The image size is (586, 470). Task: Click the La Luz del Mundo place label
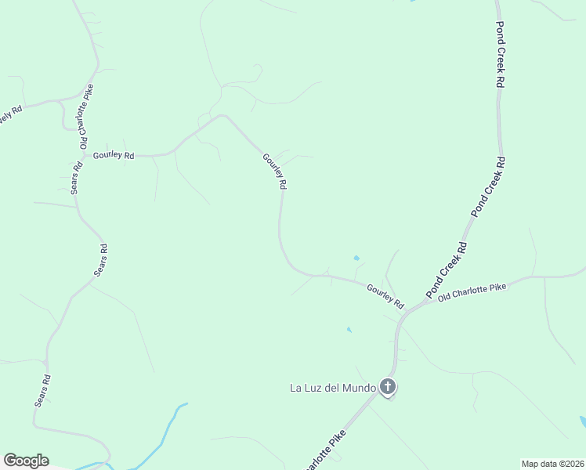(333, 388)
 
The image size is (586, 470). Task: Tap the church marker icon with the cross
(387, 386)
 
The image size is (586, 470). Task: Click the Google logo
(26, 461)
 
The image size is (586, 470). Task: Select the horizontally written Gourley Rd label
(114, 155)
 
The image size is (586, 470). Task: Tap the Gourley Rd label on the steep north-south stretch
(275, 172)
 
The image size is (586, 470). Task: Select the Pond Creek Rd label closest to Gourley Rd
(447, 269)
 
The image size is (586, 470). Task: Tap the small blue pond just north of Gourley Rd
(356, 258)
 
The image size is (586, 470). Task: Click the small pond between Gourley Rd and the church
(349, 330)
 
